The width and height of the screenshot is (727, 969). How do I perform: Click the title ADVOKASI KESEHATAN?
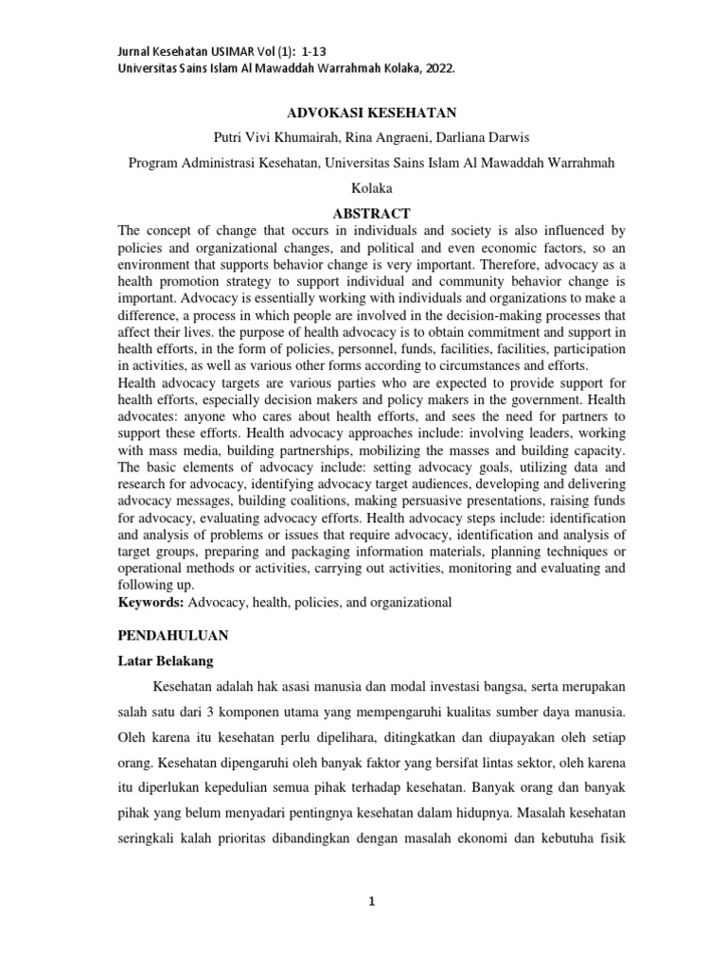[364, 112]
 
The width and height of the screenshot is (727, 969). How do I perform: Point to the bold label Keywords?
[151, 601]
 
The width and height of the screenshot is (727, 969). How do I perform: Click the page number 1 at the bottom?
[373, 901]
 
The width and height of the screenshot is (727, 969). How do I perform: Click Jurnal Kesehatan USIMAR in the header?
[186, 51]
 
